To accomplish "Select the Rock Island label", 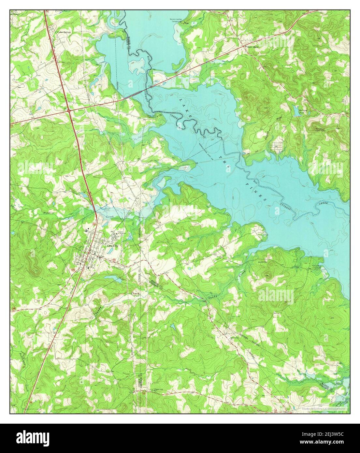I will point(252,47).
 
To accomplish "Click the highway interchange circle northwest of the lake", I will point(70,111).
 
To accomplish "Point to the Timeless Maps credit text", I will point(323,408).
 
